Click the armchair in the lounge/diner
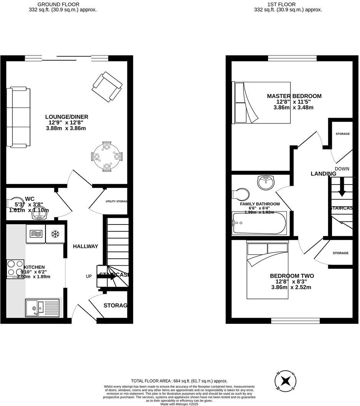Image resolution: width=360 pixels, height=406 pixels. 107,87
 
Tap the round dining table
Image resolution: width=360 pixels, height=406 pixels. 107,156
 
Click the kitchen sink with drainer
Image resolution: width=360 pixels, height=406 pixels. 42,308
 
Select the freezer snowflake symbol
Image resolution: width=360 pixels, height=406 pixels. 54,234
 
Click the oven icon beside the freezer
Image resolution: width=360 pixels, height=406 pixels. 35,234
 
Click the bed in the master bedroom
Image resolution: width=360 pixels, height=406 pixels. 262,103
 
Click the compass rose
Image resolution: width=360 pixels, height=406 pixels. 286,381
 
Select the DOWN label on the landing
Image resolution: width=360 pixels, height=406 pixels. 342,169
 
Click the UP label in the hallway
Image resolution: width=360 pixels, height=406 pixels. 88,276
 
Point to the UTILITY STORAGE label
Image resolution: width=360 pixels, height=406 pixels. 116,201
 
